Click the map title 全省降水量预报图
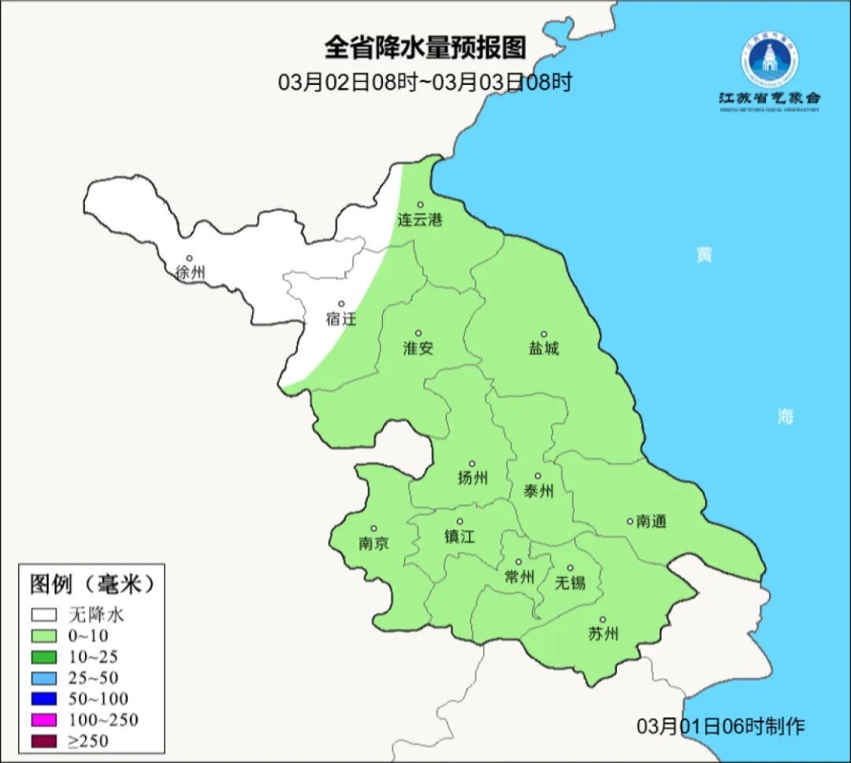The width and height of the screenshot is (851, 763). pos(425,48)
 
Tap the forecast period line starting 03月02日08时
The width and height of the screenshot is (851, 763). pos(425,82)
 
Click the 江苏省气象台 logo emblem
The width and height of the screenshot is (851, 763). pos(768,58)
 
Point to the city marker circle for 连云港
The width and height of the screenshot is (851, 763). pos(421,205)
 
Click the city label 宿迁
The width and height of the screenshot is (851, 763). pos(341,319)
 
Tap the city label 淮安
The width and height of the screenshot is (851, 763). pos(418,348)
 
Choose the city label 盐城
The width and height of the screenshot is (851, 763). pos(543,348)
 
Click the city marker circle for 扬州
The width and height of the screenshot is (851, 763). pos(472,464)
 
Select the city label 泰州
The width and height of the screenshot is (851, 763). pos(538,491)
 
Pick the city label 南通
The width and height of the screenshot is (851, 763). pos(652,521)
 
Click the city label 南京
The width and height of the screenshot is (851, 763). pos(373,543)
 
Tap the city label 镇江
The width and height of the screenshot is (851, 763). pos(459,536)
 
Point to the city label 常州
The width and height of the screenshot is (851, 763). pos(518,577)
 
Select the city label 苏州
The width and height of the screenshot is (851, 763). pos(603,634)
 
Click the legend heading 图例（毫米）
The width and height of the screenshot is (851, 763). pos(90,584)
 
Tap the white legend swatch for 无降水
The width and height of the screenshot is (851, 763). pos(43,614)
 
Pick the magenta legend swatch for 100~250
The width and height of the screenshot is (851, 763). pos(43,720)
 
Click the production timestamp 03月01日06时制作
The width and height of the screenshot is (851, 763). pos(721,726)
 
